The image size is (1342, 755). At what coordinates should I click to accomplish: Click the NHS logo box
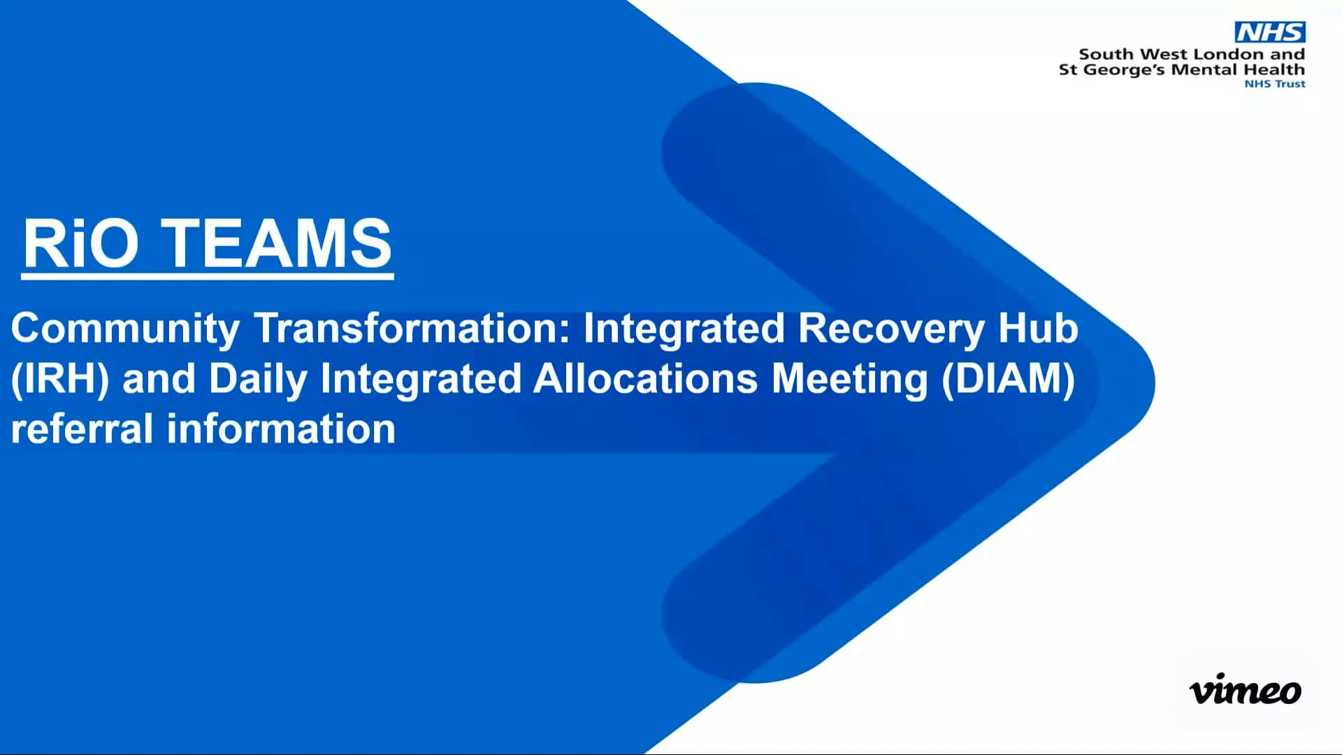click(x=1269, y=32)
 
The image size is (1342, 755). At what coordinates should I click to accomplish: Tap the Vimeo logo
click(x=1245, y=691)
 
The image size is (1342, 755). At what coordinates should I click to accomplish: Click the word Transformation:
click(x=412, y=329)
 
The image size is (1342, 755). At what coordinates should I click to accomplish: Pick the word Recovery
click(x=891, y=329)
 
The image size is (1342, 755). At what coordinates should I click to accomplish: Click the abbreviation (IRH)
click(x=60, y=379)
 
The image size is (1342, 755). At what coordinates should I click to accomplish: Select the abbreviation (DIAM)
click(x=1008, y=379)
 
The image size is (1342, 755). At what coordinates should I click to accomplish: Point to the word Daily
click(x=258, y=379)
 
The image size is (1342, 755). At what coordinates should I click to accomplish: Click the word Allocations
click(x=645, y=379)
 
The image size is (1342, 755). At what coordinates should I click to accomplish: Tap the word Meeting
click(x=849, y=379)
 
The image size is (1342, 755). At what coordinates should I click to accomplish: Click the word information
click(x=281, y=429)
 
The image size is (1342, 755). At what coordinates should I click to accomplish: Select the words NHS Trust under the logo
click(x=1274, y=84)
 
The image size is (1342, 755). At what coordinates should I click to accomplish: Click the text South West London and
click(x=1192, y=54)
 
